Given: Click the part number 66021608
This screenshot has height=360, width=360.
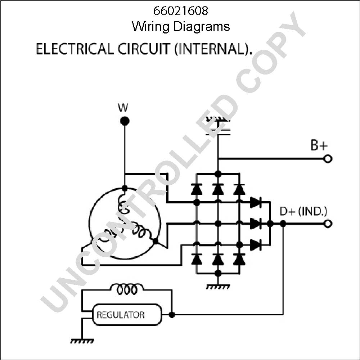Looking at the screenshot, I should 181,11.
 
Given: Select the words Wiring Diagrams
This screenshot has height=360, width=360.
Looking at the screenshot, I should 181,26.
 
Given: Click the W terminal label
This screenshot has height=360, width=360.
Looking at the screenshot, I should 123,107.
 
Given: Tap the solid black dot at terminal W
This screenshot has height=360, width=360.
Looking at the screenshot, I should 125,121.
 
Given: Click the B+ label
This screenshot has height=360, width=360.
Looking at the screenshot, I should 319,145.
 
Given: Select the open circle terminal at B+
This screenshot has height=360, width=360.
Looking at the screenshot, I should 328,159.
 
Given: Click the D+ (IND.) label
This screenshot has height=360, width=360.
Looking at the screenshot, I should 303,211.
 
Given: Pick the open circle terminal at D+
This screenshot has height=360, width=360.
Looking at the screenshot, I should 328,224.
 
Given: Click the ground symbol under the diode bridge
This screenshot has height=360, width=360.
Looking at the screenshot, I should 217,287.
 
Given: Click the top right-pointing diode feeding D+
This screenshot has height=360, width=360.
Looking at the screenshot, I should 256,202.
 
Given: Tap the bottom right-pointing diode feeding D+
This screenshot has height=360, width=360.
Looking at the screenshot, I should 256,245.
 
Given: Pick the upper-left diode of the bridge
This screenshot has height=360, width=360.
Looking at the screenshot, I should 196,189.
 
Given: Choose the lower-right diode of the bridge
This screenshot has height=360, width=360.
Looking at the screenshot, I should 239,259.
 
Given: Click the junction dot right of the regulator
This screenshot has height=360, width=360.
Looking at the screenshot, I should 172,315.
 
